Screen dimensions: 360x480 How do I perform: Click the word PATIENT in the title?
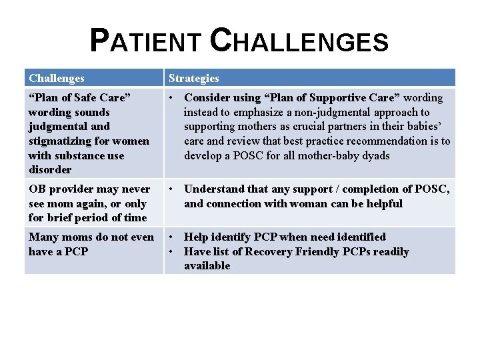coord(145,41)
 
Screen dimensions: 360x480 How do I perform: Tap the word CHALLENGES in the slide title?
coord(299,41)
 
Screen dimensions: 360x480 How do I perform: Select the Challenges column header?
coord(57,78)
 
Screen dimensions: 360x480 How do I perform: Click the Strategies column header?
coord(193,78)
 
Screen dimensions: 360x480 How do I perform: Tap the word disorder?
coord(50,169)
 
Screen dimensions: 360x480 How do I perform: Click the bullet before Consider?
coord(171,97)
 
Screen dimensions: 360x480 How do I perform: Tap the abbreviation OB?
coord(37,189)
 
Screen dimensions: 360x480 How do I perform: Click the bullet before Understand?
coord(171,189)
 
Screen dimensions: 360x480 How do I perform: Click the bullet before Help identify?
coord(171,237)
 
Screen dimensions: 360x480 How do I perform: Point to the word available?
coord(207,265)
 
